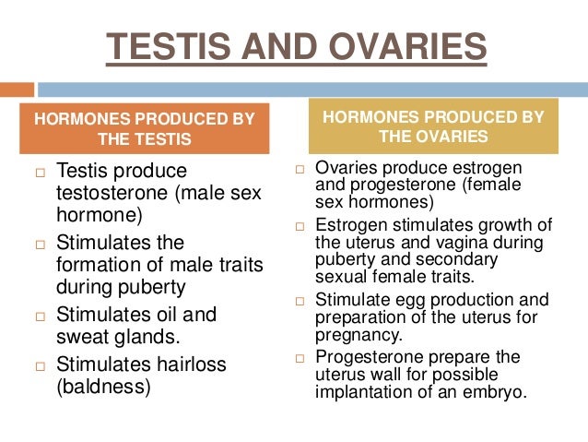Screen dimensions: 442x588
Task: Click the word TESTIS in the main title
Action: [x=164, y=47]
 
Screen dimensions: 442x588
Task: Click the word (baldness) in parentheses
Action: [x=103, y=387]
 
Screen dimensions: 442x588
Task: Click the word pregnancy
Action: [x=359, y=335]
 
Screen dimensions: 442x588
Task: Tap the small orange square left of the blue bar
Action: [x=17, y=90]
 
